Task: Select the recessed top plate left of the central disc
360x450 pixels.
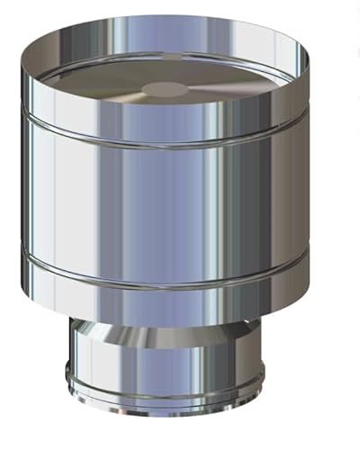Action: point(99,85)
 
